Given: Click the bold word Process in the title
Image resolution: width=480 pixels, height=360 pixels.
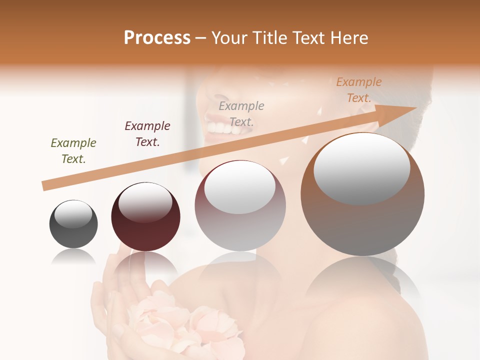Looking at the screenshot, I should pos(157,38).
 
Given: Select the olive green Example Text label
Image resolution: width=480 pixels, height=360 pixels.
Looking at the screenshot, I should pos(73,151).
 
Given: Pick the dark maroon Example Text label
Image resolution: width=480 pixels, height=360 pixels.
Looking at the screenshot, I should pos(147,134).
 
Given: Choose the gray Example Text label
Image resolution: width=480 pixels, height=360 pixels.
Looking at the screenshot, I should pos(241,114).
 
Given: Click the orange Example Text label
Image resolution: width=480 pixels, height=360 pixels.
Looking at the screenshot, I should pos(359,90).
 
